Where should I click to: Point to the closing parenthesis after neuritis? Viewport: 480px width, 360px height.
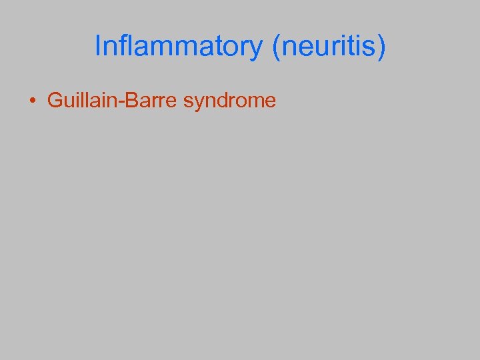[x=381, y=47]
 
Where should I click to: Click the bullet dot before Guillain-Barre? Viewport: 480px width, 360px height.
[x=32, y=102]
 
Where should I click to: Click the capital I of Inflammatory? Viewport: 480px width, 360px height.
[x=98, y=47]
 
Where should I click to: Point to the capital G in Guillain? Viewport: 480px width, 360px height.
[x=53, y=101]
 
